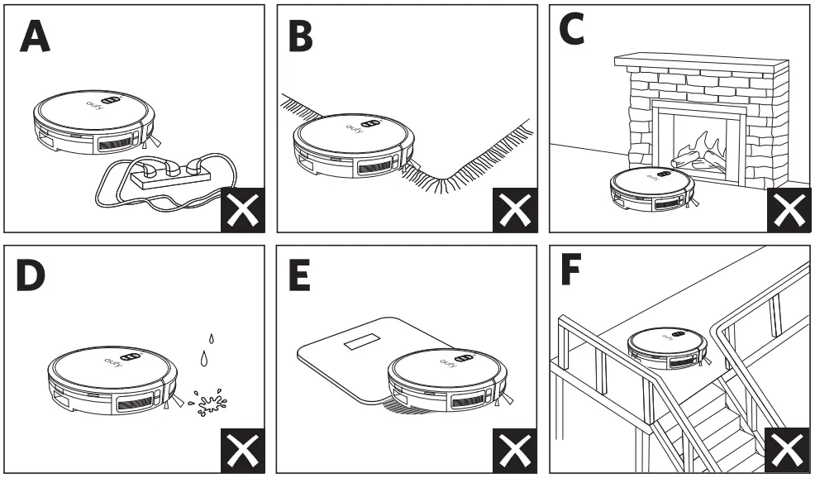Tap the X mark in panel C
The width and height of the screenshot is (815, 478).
[788, 211]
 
